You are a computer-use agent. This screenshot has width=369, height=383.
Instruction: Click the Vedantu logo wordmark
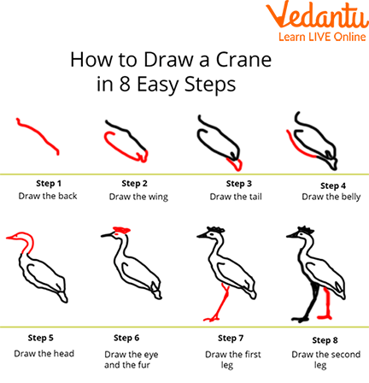tap(317, 15)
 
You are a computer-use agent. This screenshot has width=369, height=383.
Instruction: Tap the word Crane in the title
tap(243, 60)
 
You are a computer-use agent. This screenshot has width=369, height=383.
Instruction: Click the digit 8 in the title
tap(125, 84)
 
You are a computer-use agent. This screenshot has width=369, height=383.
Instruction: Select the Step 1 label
tap(49, 184)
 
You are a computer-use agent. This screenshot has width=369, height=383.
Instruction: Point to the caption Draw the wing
tap(138, 197)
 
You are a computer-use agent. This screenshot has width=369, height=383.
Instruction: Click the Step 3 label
tap(239, 184)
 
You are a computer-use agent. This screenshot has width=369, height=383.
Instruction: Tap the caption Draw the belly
tap(331, 197)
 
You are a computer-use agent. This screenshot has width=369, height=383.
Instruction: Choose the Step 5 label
tap(41, 338)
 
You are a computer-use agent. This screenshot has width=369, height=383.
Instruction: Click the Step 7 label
tap(231, 339)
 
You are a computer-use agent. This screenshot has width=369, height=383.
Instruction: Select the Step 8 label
tap(325, 340)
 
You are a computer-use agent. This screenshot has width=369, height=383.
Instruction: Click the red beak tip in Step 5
tap(7, 238)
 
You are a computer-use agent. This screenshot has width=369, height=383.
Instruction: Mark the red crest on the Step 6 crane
tap(122, 230)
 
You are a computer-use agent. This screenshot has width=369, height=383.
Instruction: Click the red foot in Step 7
tap(211, 319)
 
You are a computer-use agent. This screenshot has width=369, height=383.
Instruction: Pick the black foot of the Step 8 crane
tap(299, 319)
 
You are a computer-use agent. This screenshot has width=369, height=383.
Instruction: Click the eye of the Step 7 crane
tap(212, 234)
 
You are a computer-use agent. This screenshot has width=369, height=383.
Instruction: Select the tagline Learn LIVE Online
tap(322, 37)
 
